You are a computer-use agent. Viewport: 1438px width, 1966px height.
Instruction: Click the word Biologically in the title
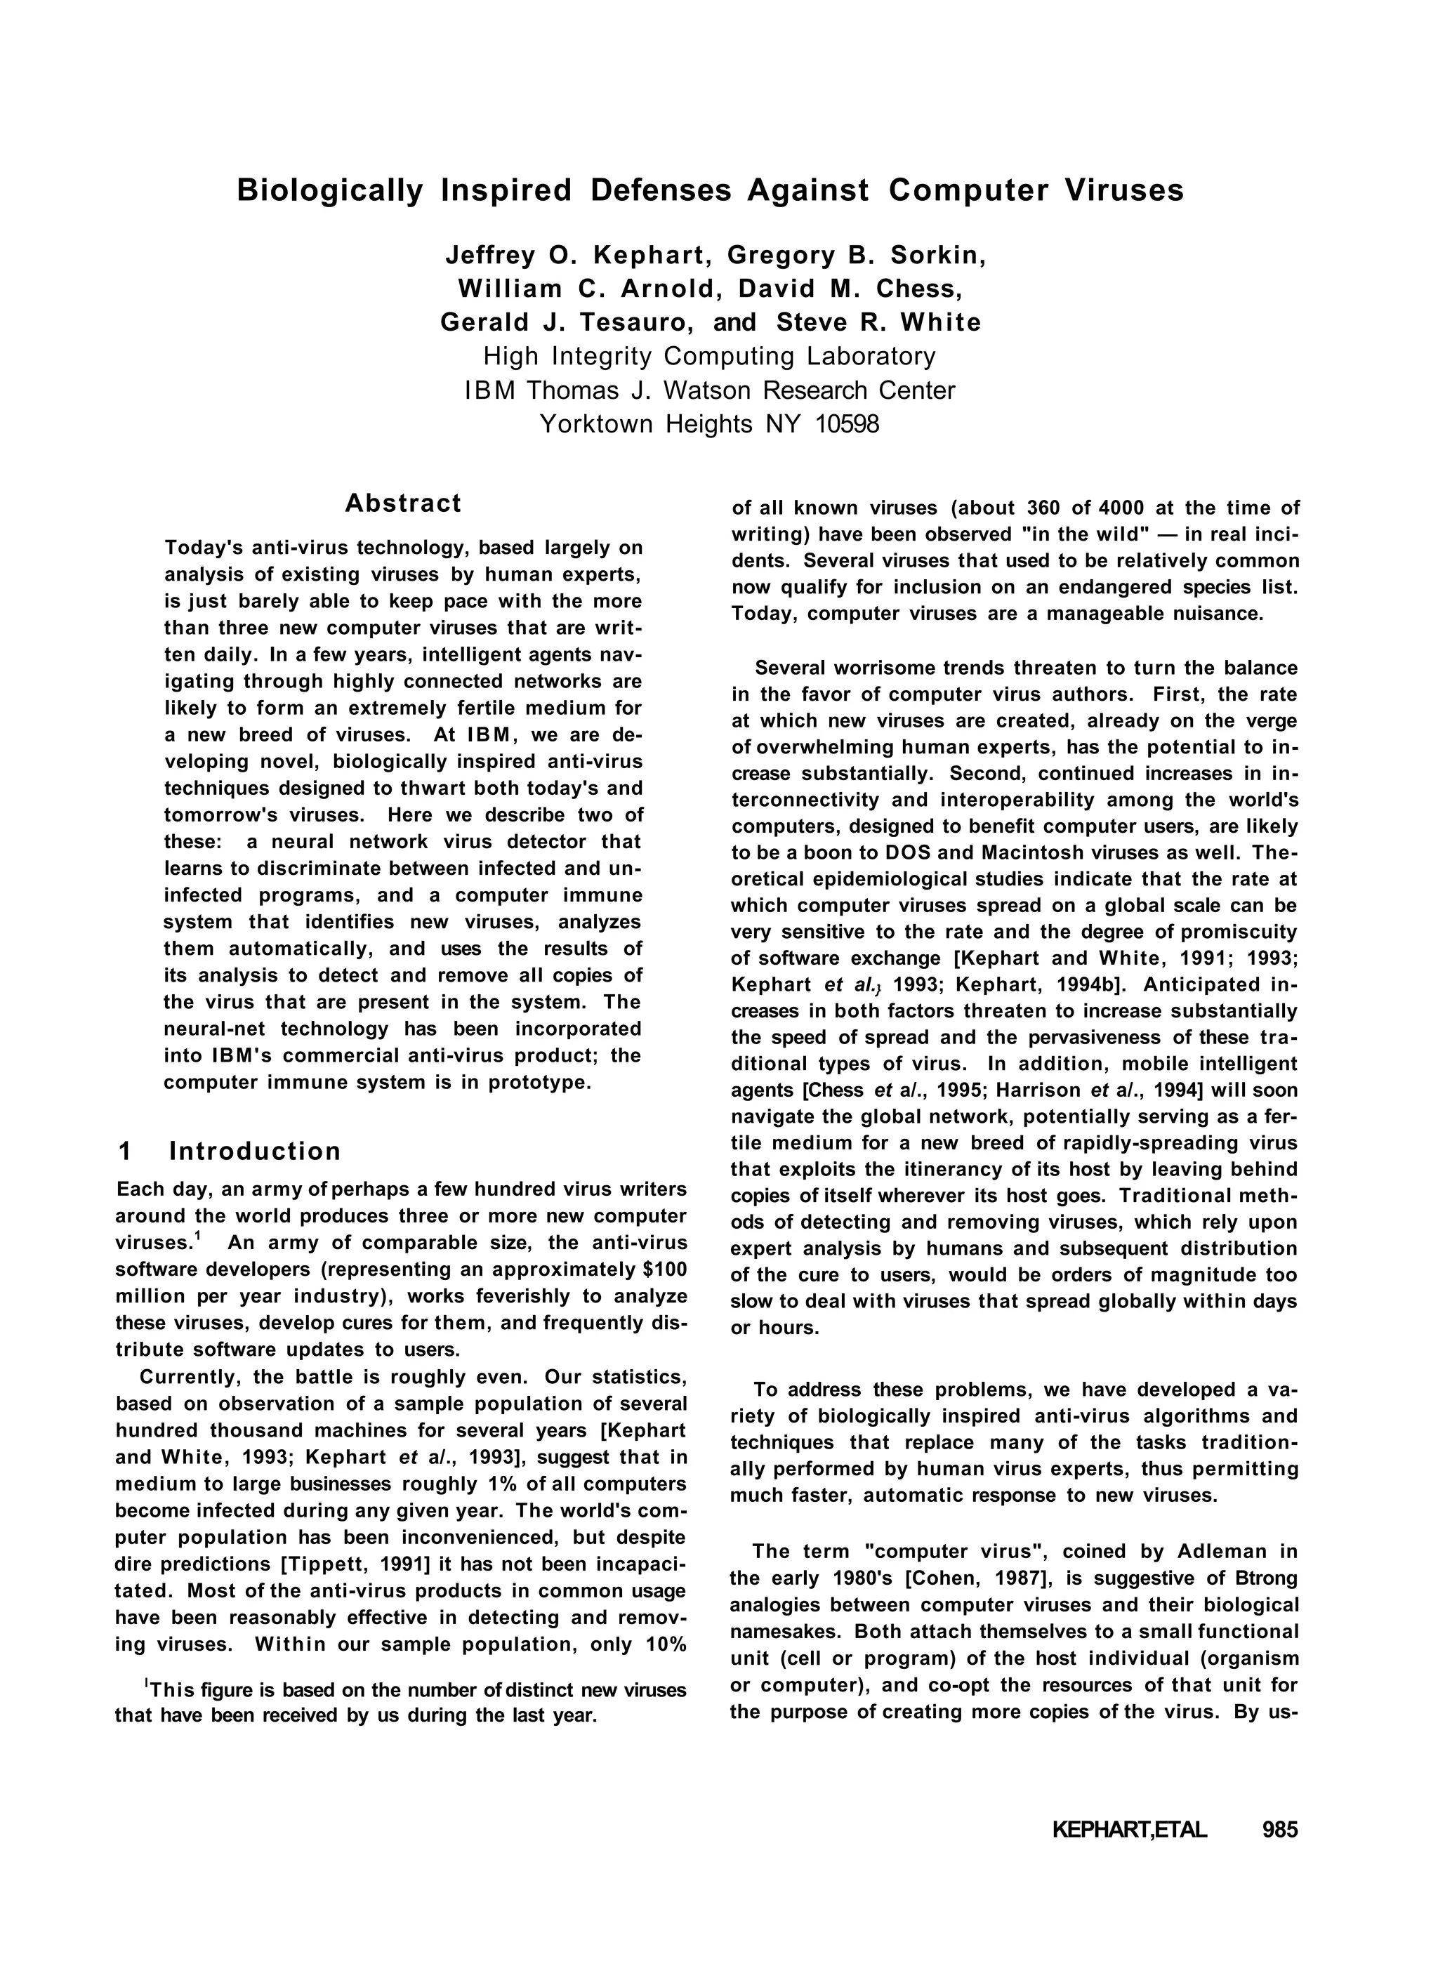coord(330,190)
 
